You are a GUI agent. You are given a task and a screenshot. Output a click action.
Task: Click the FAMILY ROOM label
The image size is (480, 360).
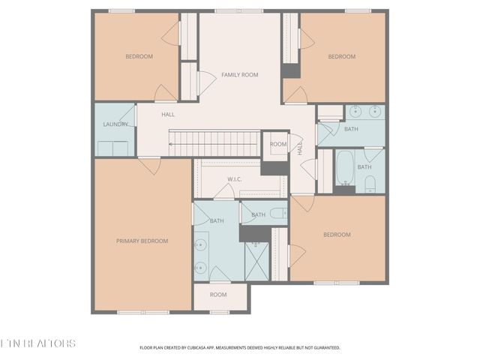pos(239,75)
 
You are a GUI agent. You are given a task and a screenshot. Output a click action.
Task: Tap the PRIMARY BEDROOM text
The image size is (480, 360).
pos(142,241)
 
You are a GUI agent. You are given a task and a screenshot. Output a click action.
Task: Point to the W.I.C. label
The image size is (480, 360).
pos(235,180)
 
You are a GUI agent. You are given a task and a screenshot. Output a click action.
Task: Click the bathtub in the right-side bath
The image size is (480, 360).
pos(345,168)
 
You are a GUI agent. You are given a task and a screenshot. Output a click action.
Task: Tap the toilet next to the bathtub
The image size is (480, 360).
pos(370,184)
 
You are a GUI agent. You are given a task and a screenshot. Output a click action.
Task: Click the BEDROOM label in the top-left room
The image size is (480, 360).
pos(139,56)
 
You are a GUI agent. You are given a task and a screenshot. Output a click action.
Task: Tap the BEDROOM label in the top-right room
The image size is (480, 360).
pos(341,56)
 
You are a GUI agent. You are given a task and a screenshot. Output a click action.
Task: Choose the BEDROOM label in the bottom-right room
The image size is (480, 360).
pos(337,235)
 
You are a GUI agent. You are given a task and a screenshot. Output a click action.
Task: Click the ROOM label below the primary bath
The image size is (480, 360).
pos(218,295)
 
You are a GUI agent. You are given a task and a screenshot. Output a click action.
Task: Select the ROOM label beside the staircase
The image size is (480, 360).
pos(278,144)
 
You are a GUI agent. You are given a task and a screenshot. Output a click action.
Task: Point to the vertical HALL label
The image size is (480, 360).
pos(299,149)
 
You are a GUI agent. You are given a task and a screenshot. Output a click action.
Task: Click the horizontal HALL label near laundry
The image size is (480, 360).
pos(167,114)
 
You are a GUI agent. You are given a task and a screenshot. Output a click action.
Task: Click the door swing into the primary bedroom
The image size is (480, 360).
pos(150,165)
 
